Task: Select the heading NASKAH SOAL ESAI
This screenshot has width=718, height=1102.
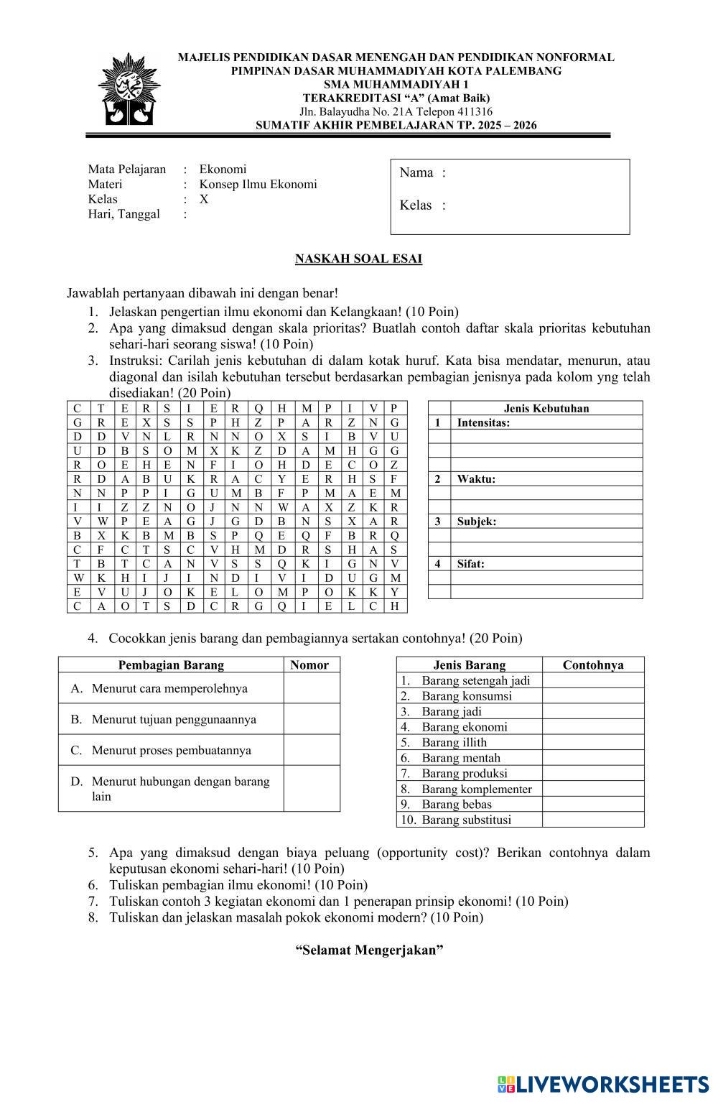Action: (x=358, y=259)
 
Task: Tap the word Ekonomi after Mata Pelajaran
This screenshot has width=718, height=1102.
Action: (x=223, y=170)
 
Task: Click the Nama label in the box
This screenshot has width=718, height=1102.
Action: (x=416, y=172)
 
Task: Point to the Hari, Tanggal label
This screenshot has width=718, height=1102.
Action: (x=123, y=214)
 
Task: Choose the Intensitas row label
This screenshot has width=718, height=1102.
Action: (x=483, y=423)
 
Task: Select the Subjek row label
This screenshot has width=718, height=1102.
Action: (x=477, y=522)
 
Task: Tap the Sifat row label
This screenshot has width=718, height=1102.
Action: (x=470, y=564)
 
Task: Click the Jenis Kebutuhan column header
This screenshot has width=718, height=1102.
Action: (x=546, y=409)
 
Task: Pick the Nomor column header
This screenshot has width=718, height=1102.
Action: (x=309, y=665)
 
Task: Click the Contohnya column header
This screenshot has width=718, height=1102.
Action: (x=592, y=665)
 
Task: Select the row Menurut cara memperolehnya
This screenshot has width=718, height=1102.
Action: (x=169, y=688)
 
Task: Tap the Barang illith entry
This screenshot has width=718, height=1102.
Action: (x=454, y=743)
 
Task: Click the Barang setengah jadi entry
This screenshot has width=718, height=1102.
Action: (x=475, y=680)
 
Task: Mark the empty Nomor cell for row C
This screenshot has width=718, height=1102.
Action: (x=312, y=750)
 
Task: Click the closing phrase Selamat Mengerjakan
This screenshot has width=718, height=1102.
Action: (x=369, y=950)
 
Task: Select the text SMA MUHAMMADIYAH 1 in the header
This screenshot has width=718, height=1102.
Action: (x=396, y=85)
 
